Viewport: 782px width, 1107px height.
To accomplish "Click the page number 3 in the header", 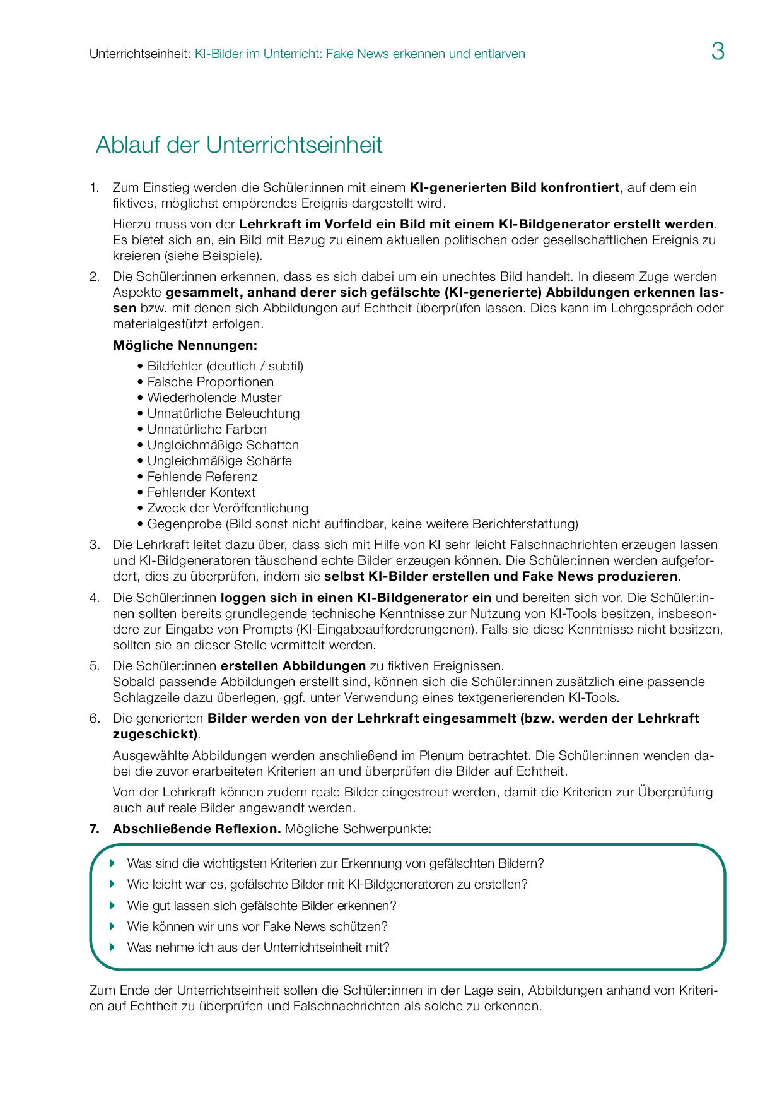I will pos(718,51).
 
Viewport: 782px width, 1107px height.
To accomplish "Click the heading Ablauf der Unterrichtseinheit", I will pos(239,145).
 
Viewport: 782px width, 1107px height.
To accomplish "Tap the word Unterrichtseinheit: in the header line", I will pos(139,54).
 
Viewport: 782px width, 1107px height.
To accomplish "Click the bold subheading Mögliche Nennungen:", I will pos(185,345).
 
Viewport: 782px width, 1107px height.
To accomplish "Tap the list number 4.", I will pos(94,598).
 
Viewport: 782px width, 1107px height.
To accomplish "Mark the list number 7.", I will pos(94,829).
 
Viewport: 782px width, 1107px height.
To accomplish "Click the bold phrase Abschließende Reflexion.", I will pos(197,829).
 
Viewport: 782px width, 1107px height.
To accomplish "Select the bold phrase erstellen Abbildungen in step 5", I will pos(293,666).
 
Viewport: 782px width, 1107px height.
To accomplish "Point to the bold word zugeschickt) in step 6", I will pos(155,734).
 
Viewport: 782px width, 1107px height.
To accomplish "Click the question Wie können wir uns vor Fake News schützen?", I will pos(257,926).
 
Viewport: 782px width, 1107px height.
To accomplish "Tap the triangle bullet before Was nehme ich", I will pos(113,947).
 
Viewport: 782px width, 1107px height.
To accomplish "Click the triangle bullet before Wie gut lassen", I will pos(113,905).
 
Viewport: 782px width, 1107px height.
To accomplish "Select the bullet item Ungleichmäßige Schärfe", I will pos(219,461).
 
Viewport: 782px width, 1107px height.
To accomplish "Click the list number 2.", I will pos(94,276).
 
